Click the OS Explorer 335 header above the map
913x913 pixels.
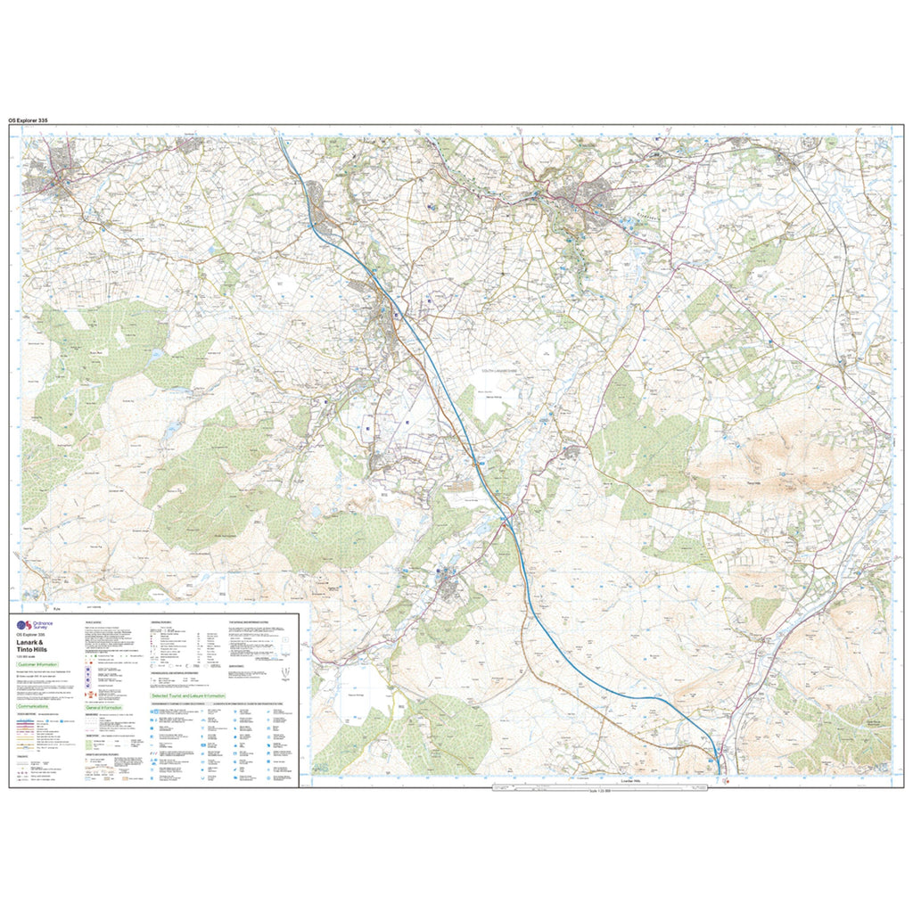click(35, 119)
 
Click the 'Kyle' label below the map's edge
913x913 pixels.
click(55, 609)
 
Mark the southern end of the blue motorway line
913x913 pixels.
click(719, 772)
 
